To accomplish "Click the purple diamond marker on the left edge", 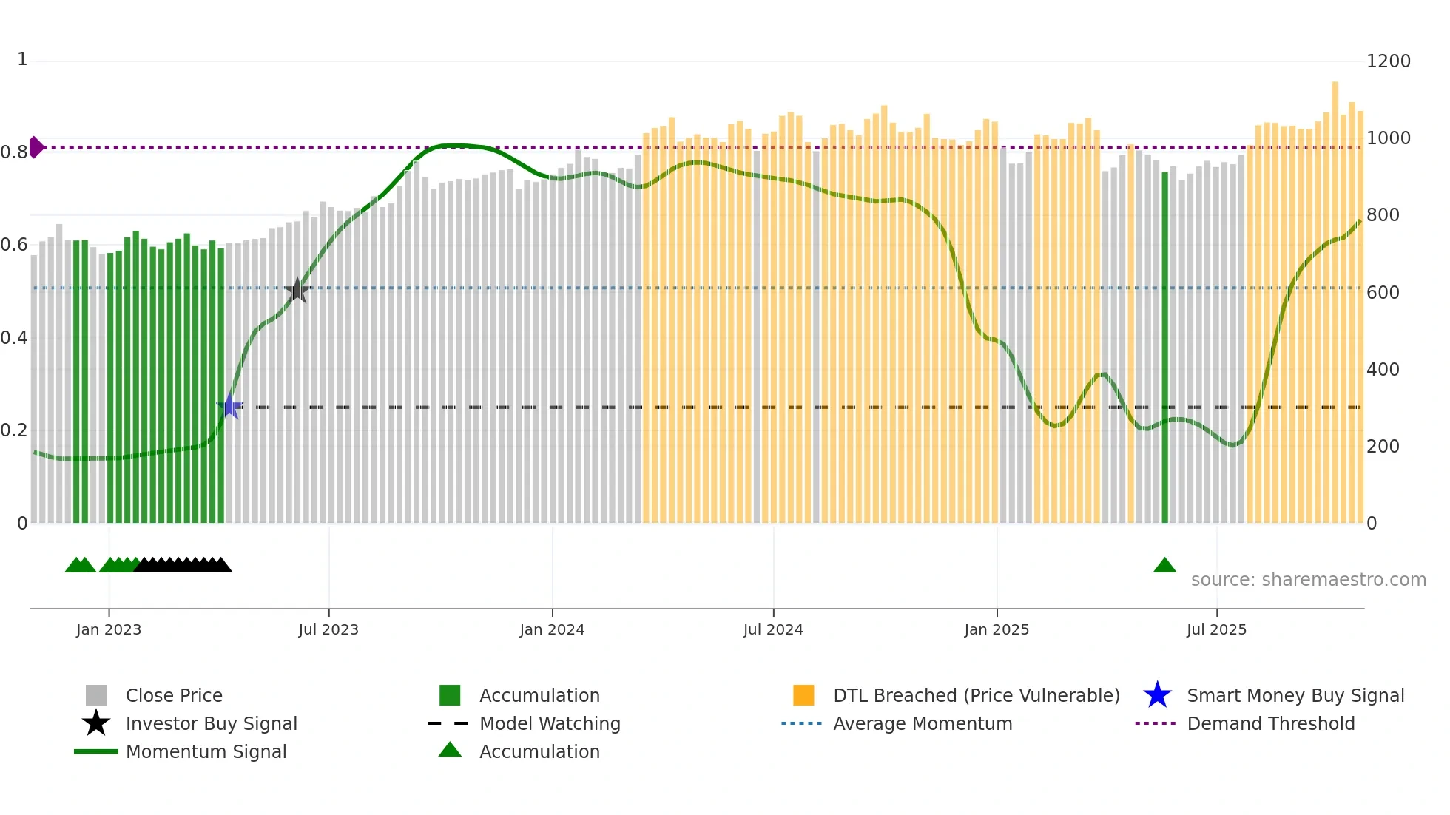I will pyautogui.click(x=36, y=147).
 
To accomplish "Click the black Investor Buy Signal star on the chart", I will pyautogui.click(x=297, y=290).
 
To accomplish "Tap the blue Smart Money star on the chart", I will pyautogui.click(x=230, y=406).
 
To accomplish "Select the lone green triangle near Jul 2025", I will pyautogui.click(x=1164, y=566).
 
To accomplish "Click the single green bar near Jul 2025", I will pyautogui.click(x=1164, y=348).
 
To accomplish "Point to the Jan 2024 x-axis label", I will pyautogui.click(x=552, y=629).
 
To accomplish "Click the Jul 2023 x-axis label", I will pyautogui.click(x=328, y=629).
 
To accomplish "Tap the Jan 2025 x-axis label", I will pyautogui.click(x=997, y=629).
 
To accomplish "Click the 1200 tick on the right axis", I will pyautogui.click(x=1388, y=61).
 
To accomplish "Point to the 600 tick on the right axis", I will pyautogui.click(x=1382, y=293).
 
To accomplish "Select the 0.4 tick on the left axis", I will pyautogui.click(x=14, y=338).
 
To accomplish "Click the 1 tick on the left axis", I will pyautogui.click(x=22, y=59).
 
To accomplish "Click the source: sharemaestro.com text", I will pyautogui.click(x=1308, y=580).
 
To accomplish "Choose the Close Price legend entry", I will pyautogui.click(x=174, y=695).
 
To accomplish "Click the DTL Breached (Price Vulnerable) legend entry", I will pyautogui.click(x=976, y=695).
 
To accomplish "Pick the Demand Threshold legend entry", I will pyautogui.click(x=1270, y=723).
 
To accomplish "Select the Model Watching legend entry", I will pyautogui.click(x=549, y=723).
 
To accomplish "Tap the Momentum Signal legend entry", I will pyautogui.click(x=206, y=751).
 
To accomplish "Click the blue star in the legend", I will pyautogui.click(x=1157, y=695).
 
